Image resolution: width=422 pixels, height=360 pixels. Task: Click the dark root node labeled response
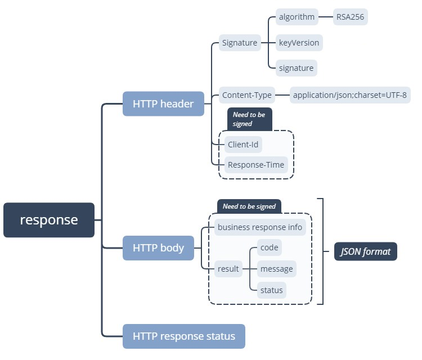[x=49, y=220]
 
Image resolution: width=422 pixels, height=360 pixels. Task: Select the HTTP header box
[x=163, y=103]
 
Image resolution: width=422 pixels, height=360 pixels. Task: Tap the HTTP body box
[x=158, y=248]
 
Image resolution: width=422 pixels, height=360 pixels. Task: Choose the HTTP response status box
[x=184, y=336]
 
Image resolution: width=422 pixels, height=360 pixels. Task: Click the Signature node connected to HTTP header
[x=240, y=43]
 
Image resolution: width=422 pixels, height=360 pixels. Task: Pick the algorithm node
[x=297, y=17]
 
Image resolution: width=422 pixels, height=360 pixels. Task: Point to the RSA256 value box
[x=351, y=17]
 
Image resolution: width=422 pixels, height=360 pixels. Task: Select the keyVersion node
[x=299, y=43]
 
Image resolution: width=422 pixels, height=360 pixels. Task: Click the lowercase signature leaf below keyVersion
[x=296, y=68]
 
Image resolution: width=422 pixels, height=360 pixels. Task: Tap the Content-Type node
[x=246, y=95]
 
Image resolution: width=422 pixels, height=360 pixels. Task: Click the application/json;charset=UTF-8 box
[x=350, y=95]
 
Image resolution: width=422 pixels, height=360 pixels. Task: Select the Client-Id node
[x=243, y=145]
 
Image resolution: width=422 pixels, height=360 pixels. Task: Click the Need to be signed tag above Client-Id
[x=249, y=119]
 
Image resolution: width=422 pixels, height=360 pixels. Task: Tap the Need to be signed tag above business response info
[x=249, y=206]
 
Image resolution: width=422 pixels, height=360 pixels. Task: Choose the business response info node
[x=260, y=227]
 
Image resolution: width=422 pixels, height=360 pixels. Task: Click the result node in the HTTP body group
[x=228, y=269]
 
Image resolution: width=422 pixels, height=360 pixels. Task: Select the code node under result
[x=269, y=247]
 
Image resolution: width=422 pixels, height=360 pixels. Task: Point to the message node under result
[x=276, y=269]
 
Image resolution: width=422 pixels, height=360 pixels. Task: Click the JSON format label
[x=366, y=251]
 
